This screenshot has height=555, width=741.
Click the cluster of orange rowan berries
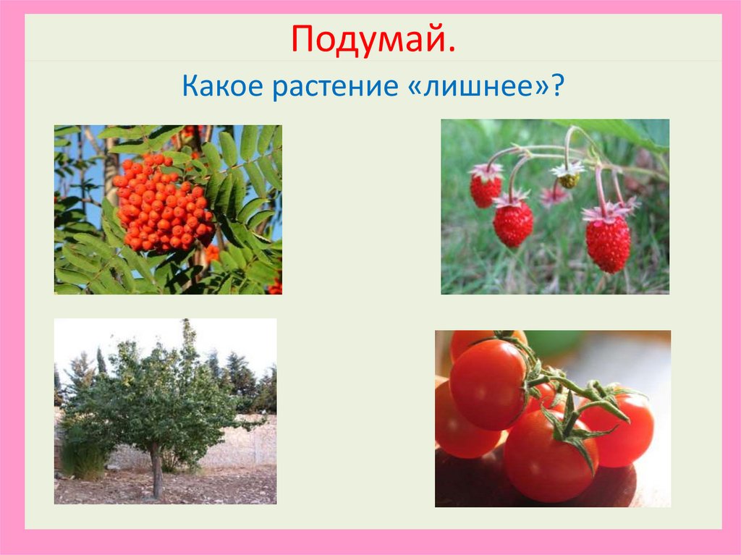[x=162, y=202]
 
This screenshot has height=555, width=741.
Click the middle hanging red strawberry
[x=513, y=224]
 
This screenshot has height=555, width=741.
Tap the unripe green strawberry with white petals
[x=568, y=179]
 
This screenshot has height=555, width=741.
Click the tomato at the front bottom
[x=550, y=456]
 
